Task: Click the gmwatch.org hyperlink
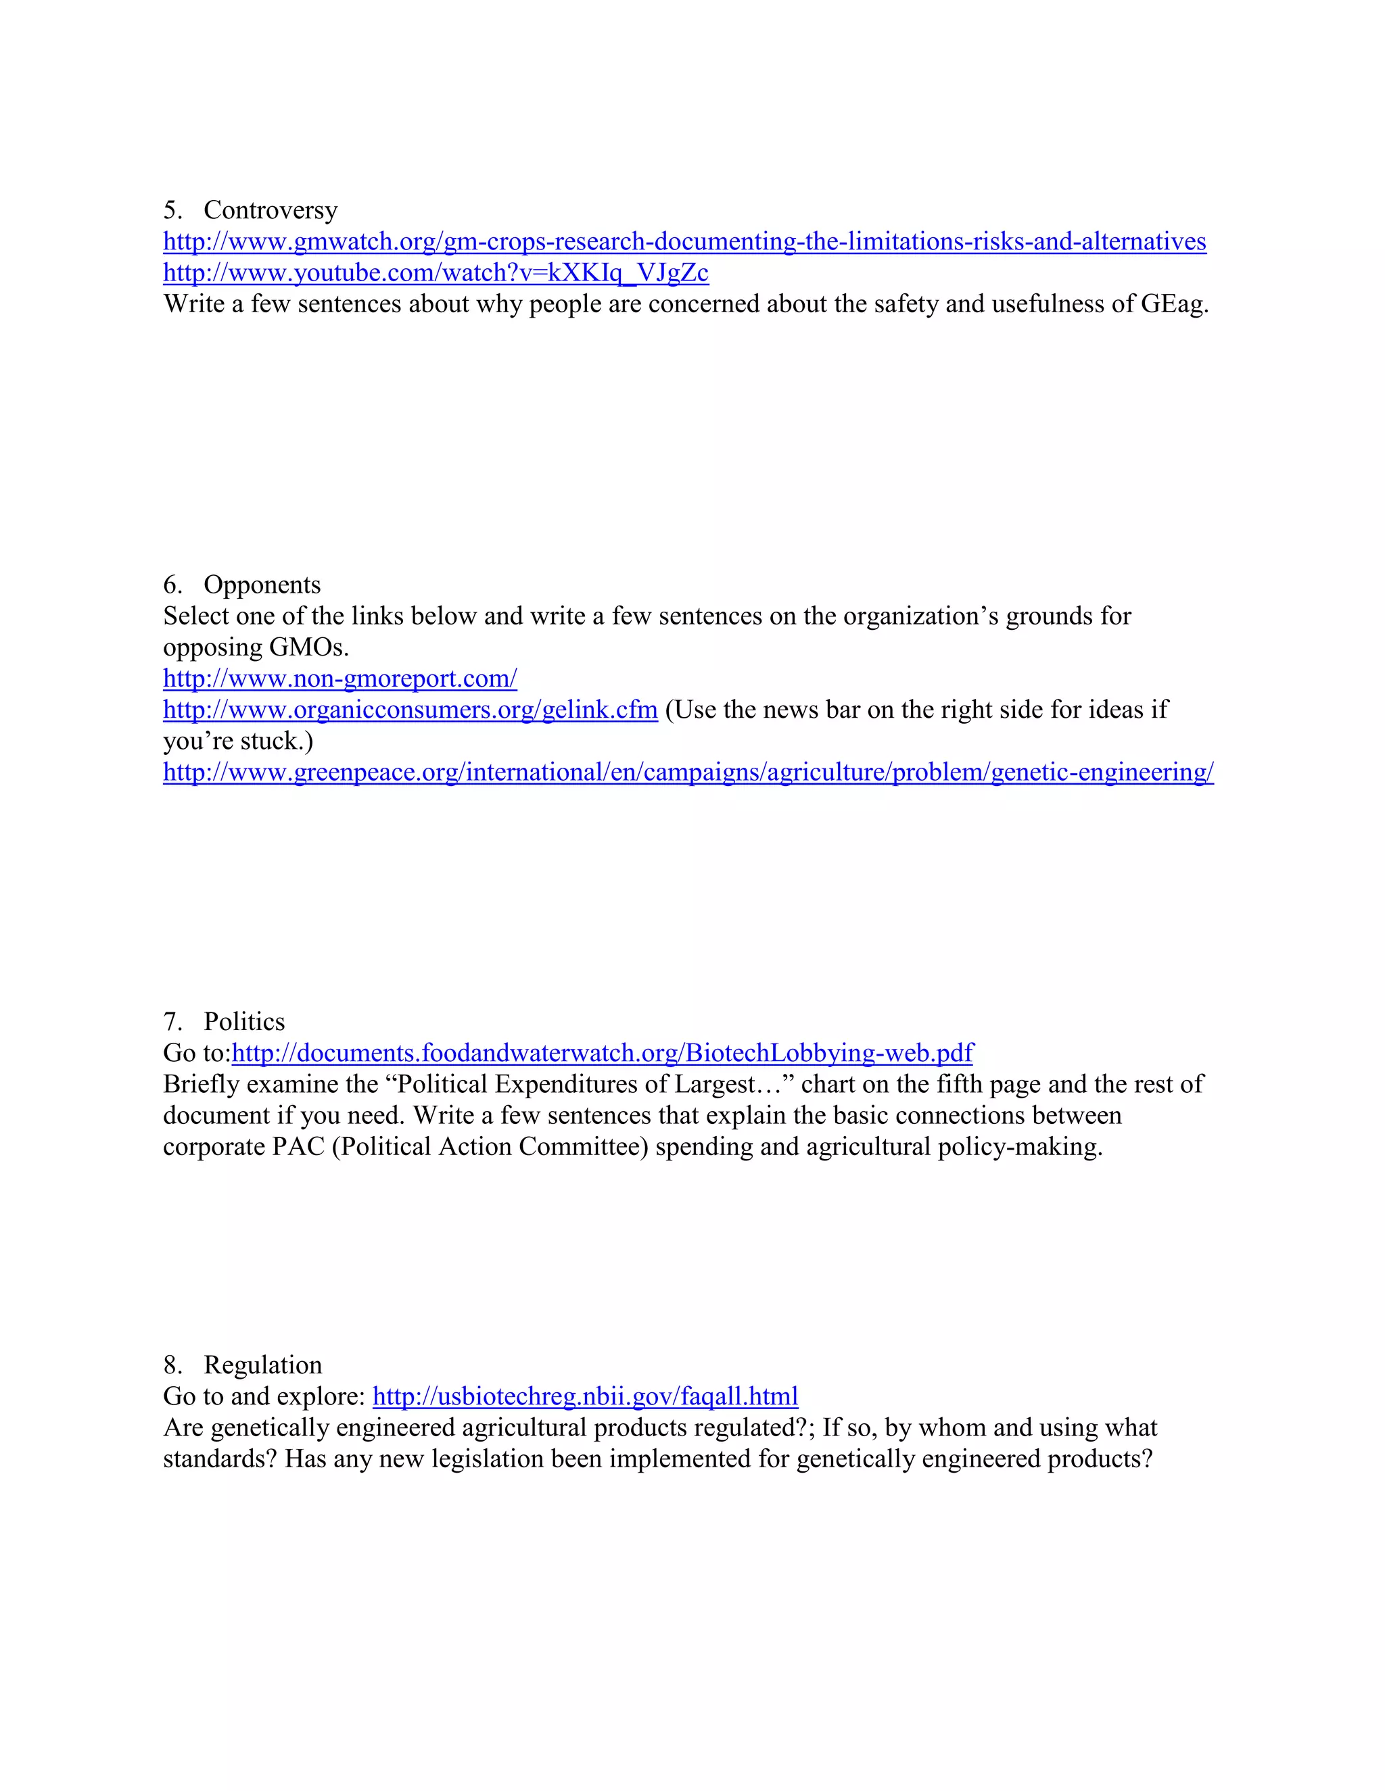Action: click(684, 242)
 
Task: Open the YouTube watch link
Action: click(436, 273)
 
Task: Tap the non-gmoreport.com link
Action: click(339, 679)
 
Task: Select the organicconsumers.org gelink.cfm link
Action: click(410, 710)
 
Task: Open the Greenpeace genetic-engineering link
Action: click(688, 772)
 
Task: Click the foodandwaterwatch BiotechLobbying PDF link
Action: click(603, 1053)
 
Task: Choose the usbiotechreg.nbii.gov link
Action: click(585, 1396)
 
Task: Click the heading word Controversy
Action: click(271, 211)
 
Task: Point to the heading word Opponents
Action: click(262, 585)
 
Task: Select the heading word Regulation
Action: click(262, 1365)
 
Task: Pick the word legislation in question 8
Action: click(498, 1460)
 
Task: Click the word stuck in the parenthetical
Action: click(273, 741)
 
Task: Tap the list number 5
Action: click(172, 211)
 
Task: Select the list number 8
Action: click(172, 1365)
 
